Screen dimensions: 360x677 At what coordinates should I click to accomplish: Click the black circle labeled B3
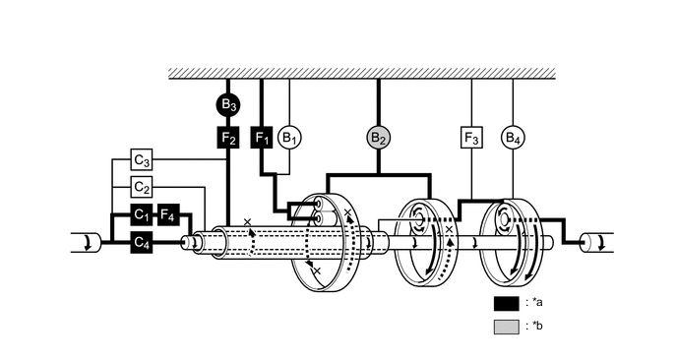point(228,103)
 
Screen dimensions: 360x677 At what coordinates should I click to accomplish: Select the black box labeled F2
point(228,138)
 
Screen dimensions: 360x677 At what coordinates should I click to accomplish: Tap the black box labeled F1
point(262,138)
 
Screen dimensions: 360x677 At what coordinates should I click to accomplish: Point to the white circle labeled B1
point(288,138)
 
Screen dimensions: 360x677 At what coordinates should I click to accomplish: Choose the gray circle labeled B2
point(379,138)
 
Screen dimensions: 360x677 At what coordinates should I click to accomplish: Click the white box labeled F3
point(471,138)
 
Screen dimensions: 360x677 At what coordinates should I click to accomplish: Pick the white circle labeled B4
point(513,138)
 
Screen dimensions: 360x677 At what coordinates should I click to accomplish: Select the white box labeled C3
point(142,159)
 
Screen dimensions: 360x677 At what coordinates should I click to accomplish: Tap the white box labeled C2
point(142,187)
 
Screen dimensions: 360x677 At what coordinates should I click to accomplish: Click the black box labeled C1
point(142,213)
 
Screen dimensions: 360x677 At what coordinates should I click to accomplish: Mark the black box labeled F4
point(168,213)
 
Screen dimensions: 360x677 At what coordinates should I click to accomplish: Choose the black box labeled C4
point(142,241)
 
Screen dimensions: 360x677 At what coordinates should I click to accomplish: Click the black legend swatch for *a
point(506,303)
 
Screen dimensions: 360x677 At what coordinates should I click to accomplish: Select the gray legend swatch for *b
point(506,327)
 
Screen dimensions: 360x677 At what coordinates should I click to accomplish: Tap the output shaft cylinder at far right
point(595,242)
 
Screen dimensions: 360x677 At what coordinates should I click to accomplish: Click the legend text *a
point(536,303)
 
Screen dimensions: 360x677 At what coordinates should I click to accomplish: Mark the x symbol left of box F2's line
point(247,221)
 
